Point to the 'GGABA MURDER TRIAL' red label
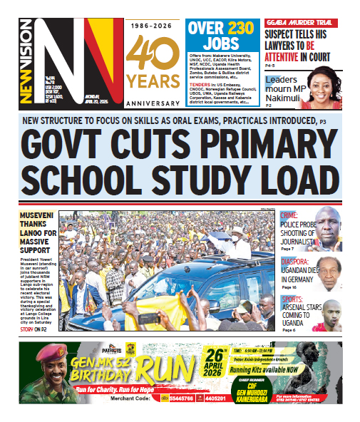pyautogui.click(x=300, y=23)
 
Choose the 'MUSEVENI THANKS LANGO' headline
pyautogui.click(x=37, y=232)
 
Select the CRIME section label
pyautogui.click(x=290, y=215)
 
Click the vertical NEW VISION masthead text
pyautogui.click(x=27, y=64)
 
